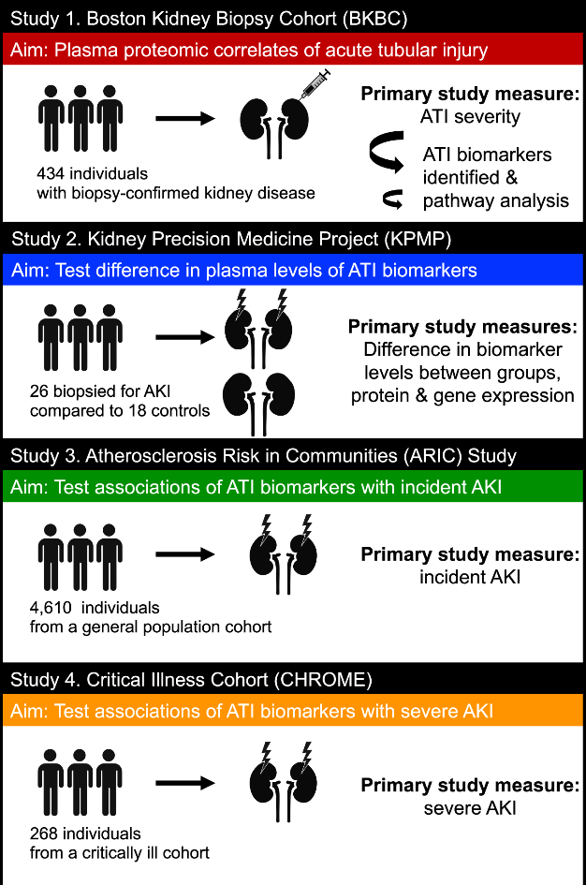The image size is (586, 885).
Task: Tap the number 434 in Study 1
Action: pos(51,174)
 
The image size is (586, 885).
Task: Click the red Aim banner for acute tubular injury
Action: pos(293,47)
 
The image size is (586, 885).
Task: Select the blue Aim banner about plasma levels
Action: pos(293,272)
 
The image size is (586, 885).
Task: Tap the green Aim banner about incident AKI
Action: pos(293,488)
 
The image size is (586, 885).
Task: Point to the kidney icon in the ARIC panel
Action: pos(275,553)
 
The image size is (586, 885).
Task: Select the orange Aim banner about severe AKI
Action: pos(293,713)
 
